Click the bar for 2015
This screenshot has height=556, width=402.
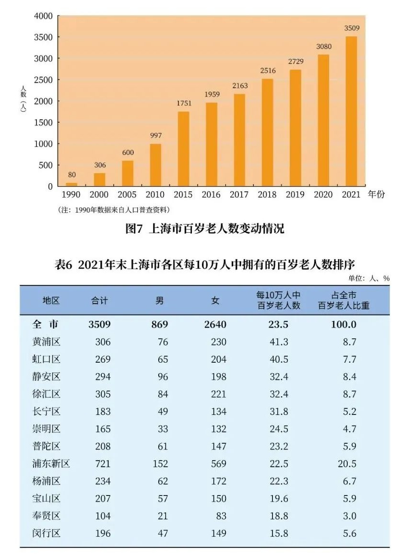[x=183, y=149]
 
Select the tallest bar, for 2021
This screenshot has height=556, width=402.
[x=351, y=111]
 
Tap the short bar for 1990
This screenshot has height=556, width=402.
[x=71, y=184]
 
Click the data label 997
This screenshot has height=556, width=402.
[x=156, y=135]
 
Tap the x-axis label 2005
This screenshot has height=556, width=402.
[x=128, y=195]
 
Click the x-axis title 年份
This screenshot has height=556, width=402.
[x=377, y=194]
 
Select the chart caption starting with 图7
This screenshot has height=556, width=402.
[x=205, y=228]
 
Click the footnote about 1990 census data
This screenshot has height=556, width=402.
[x=114, y=210]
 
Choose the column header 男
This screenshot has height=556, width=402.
[x=159, y=301]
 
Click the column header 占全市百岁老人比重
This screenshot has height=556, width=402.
[x=344, y=301]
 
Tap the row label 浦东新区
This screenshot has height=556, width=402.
[x=51, y=463]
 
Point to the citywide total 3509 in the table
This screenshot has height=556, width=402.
[x=99, y=324]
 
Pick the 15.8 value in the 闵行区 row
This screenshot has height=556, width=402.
[x=279, y=533]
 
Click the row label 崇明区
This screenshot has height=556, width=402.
[x=47, y=429]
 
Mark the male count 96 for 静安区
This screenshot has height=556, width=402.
[x=163, y=377]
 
